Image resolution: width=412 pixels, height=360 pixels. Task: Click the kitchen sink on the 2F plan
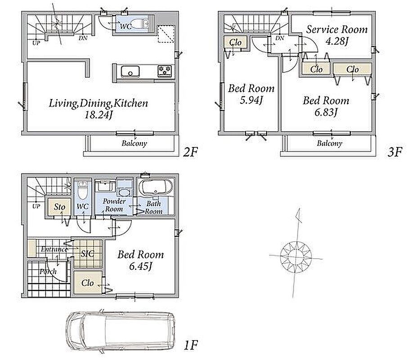(x=130, y=72)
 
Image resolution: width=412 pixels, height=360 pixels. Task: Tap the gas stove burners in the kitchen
(x=165, y=71)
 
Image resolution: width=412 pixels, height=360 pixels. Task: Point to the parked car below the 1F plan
(x=121, y=331)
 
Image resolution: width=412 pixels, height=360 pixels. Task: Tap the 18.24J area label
(x=99, y=115)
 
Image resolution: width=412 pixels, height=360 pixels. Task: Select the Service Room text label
(x=337, y=29)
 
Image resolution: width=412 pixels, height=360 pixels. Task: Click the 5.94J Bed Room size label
(x=251, y=100)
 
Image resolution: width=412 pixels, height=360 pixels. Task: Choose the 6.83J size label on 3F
(x=326, y=112)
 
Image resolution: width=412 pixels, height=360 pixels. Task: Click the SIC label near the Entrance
(x=88, y=254)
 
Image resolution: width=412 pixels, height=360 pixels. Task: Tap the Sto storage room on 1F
(x=59, y=207)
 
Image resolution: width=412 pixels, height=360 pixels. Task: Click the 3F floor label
(x=395, y=152)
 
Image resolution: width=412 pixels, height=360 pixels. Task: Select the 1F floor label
(x=191, y=345)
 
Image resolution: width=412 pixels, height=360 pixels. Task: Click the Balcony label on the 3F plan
(x=330, y=143)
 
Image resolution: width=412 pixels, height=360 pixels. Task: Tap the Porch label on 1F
(x=48, y=271)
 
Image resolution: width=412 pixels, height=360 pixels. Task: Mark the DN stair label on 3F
(x=280, y=38)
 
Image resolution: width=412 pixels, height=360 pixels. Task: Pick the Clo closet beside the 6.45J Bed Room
(x=88, y=283)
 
